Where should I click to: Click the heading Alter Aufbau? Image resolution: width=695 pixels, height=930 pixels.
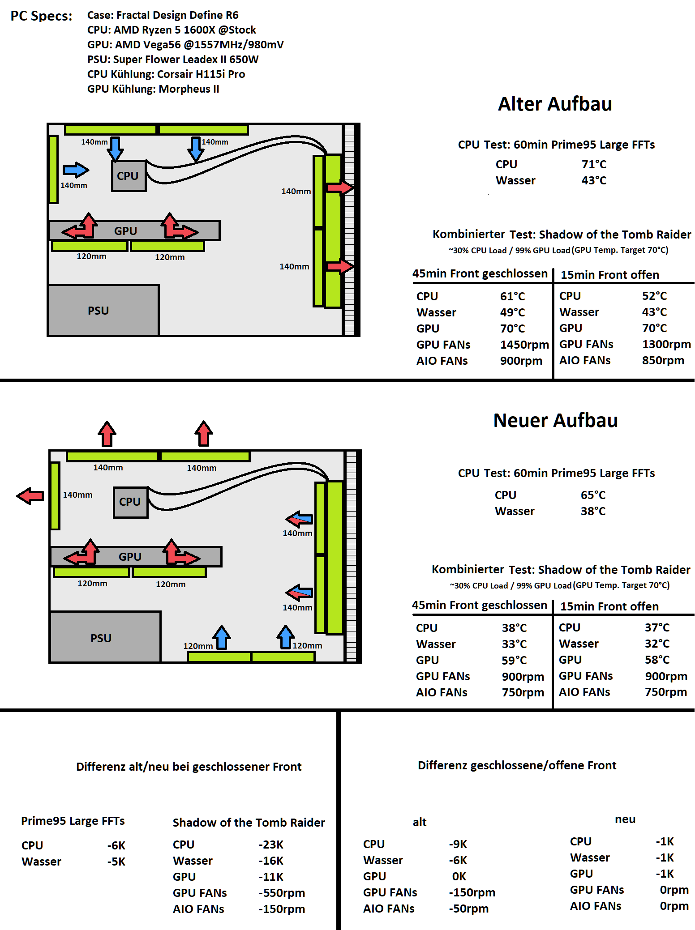pos(555,104)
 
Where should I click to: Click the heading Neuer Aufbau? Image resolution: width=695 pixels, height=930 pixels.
pos(555,420)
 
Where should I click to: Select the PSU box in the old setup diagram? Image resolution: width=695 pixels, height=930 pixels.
pos(103,310)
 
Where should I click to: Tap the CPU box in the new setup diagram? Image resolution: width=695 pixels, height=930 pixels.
pos(130,502)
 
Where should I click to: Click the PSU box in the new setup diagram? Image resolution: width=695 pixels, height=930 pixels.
pos(105,637)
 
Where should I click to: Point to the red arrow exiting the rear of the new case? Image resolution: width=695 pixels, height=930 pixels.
pos(30,496)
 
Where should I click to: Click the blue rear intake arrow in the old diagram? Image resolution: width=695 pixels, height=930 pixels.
pos(76,170)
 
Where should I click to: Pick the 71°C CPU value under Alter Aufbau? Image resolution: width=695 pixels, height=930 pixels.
pos(594,164)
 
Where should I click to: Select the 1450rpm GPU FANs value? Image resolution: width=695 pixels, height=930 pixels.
pos(524,345)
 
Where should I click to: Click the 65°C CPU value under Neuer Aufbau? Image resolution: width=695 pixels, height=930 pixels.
pos(593,495)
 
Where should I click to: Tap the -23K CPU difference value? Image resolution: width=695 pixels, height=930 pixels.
pos(271,845)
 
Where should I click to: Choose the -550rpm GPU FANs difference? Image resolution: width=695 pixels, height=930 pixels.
pos(282,893)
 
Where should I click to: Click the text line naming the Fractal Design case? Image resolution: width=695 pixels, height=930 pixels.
pos(163,15)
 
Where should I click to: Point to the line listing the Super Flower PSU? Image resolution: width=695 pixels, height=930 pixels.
pos(173,60)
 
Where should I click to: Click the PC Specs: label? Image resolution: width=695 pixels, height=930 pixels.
pos(41,16)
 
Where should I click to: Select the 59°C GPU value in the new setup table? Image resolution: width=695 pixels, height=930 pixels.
pos(514,660)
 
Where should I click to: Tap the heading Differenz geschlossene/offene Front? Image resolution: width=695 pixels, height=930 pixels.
pos(517,765)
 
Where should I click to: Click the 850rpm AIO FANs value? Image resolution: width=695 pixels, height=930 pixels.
pos(663,360)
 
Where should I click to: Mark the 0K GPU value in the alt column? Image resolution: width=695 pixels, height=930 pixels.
pos(459,876)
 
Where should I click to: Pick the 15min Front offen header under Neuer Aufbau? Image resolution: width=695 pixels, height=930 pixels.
pos(609,606)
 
